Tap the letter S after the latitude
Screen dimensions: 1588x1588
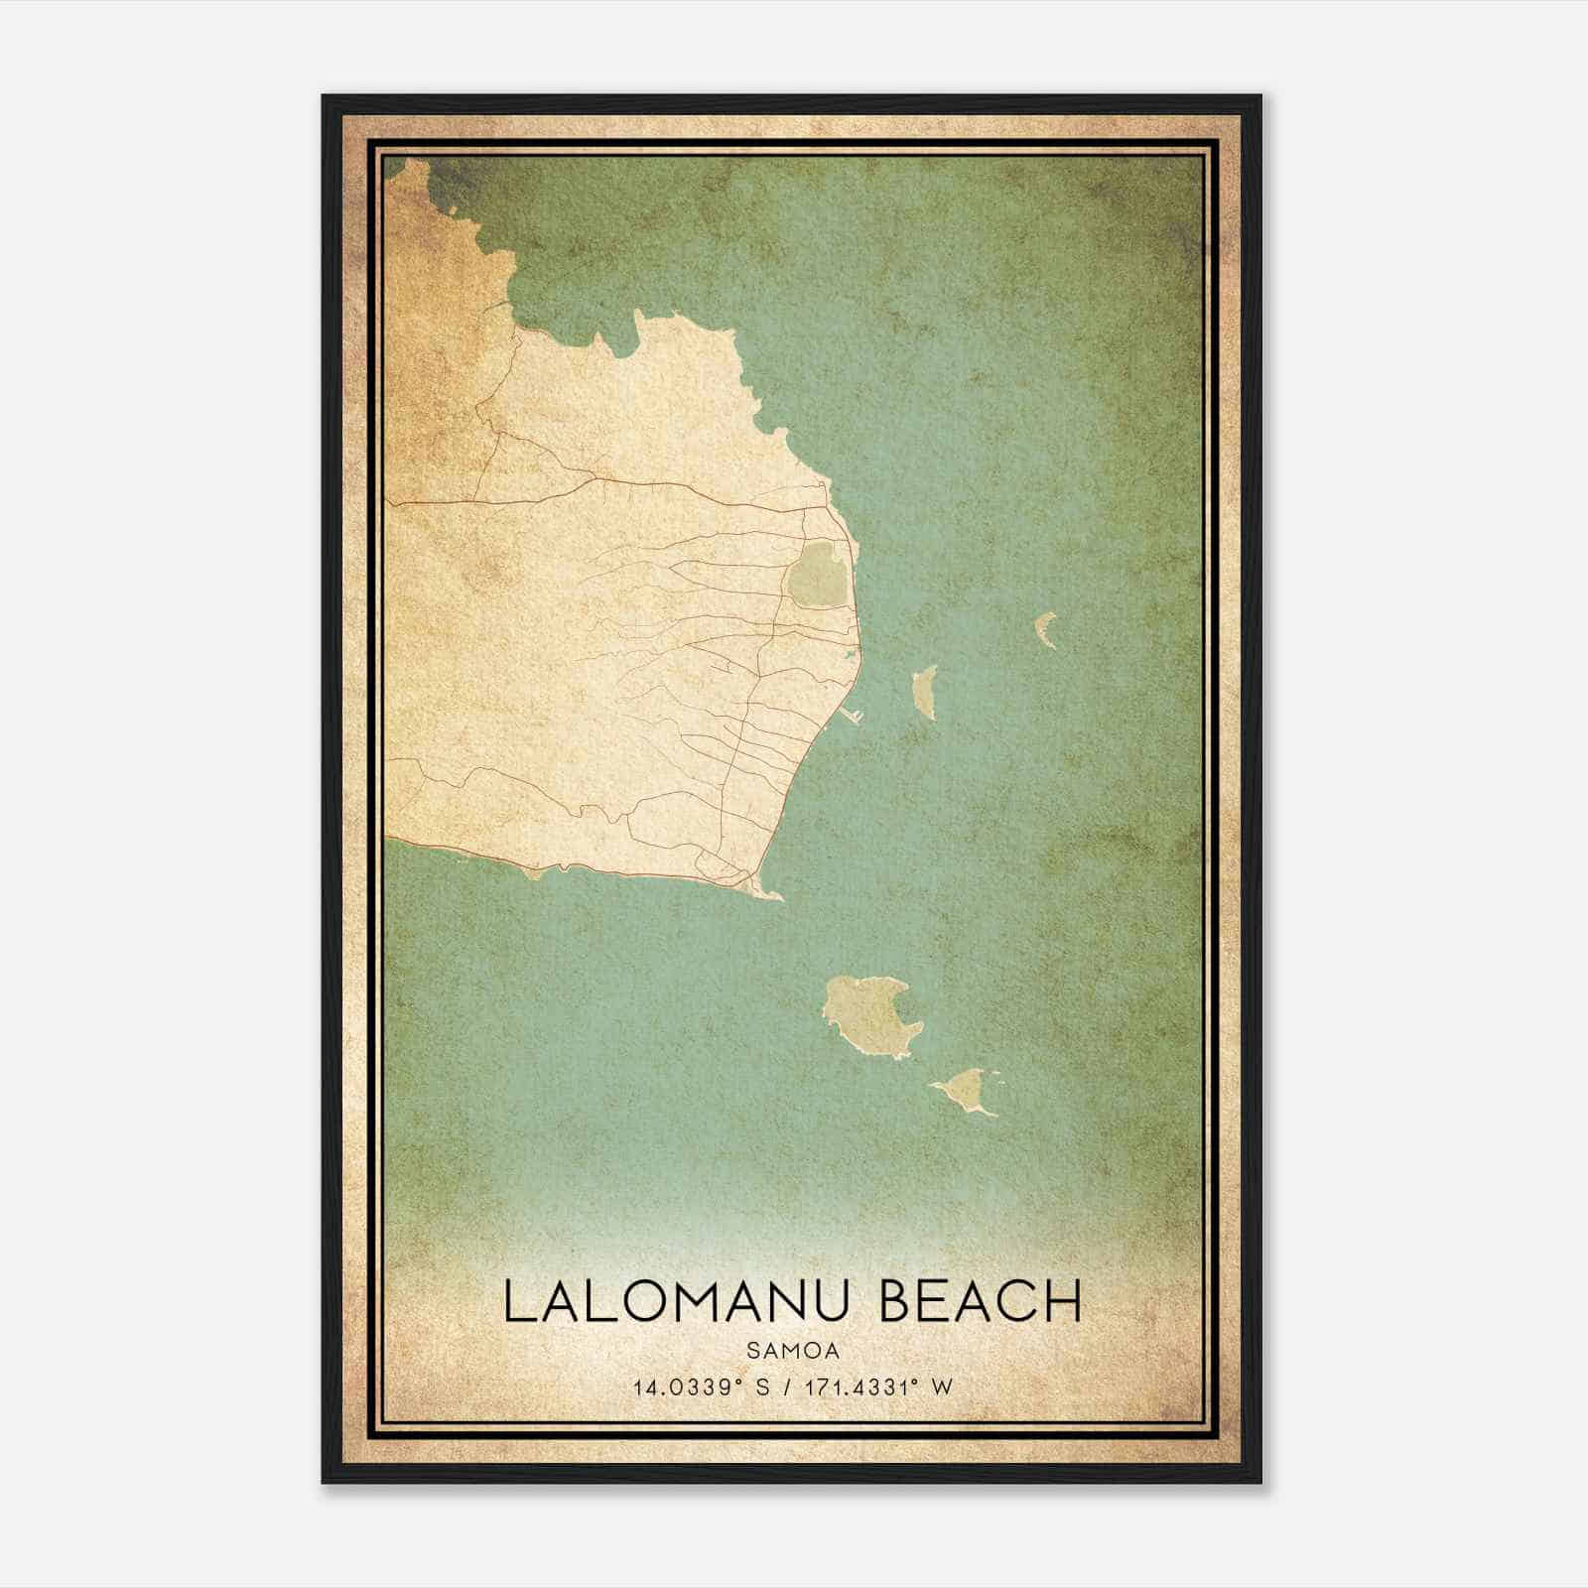(x=762, y=1388)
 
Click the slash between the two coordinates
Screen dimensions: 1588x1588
(x=787, y=1388)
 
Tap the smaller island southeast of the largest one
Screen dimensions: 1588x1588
(x=964, y=1091)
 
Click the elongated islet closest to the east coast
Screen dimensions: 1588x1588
(x=925, y=691)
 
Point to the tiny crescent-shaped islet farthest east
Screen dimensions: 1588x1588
(x=1045, y=629)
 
